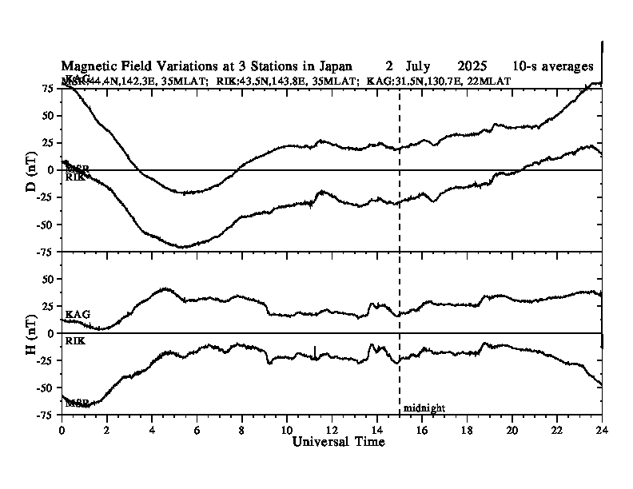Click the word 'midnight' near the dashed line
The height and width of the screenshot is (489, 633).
pyautogui.click(x=424, y=408)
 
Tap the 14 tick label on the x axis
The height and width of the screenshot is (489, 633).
pyautogui.click(x=376, y=429)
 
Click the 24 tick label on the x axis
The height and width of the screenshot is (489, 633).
pyautogui.click(x=602, y=429)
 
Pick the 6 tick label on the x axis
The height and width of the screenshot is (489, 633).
pyautogui.click(x=197, y=429)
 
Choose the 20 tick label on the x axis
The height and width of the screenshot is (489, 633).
pyautogui.click(x=512, y=429)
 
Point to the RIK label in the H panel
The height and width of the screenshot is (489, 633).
pyautogui.click(x=75, y=341)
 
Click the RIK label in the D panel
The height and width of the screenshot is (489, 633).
pyautogui.click(x=75, y=177)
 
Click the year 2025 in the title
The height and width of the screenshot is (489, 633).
pyautogui.click(x=474, y=66)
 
